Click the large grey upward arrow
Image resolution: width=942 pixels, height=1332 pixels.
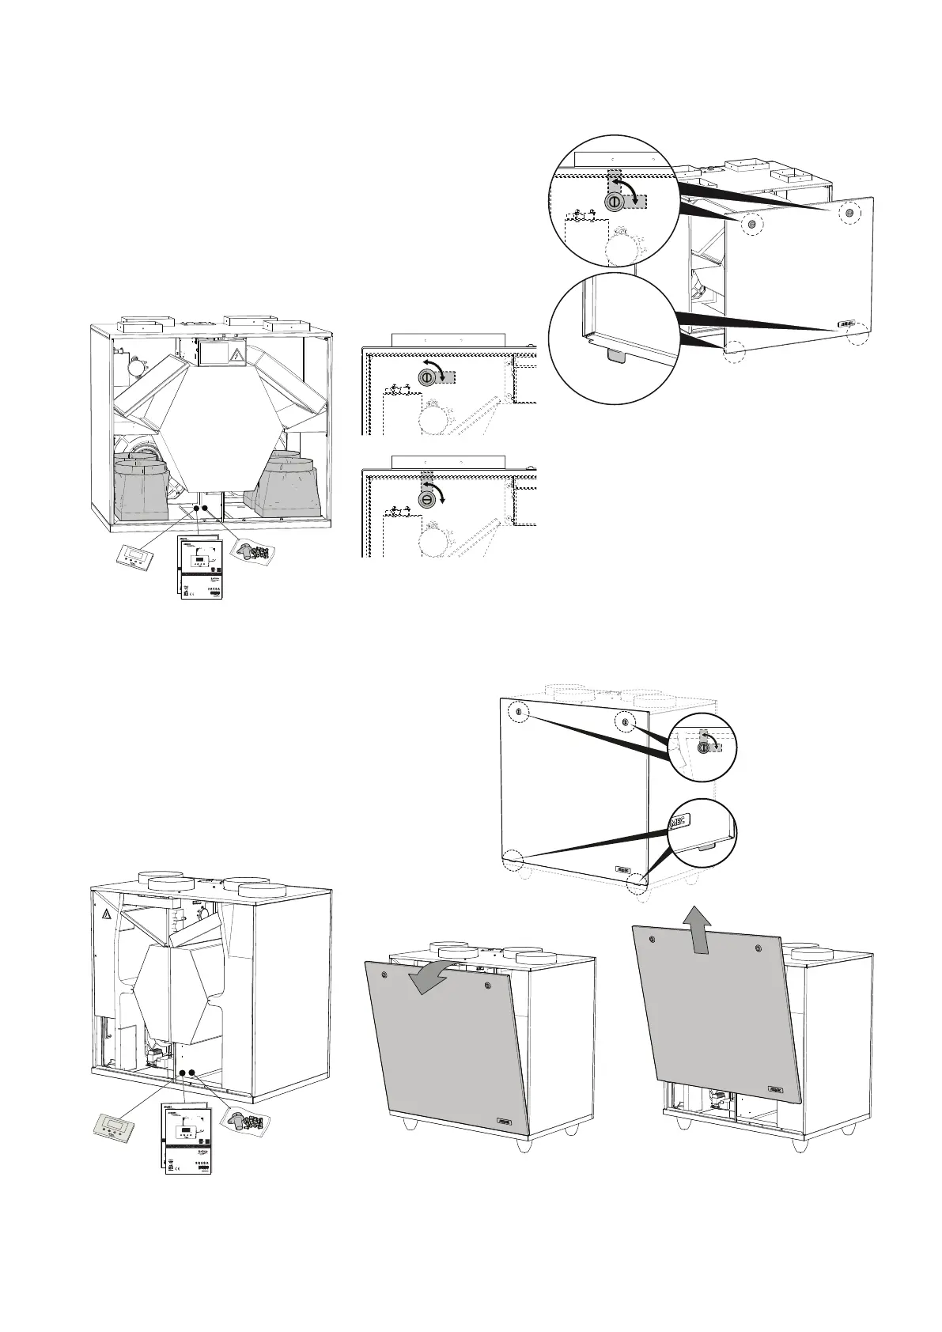[697, 930]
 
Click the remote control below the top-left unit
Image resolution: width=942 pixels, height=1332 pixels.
[129, 557]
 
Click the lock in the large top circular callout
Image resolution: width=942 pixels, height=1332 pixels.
[614, 202]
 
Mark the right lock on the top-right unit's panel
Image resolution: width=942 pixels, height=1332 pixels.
[849, 212]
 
